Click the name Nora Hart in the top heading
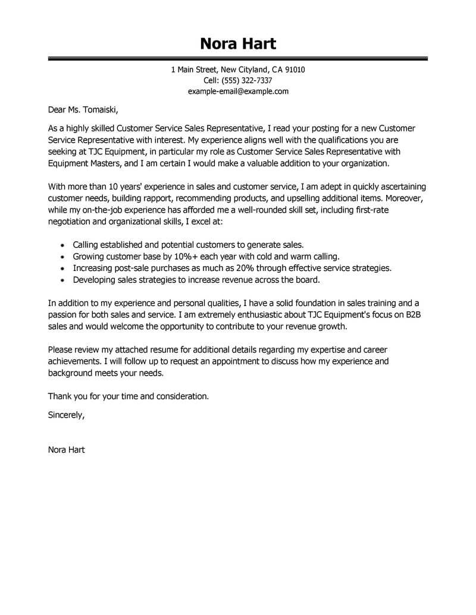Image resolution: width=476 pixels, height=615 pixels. (x=238, y=43)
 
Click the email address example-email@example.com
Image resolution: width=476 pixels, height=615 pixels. (x=238, y=91)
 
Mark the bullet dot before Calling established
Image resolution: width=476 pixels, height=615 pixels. (x=64, y=245)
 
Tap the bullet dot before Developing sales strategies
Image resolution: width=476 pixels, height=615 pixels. (x=64, y=280)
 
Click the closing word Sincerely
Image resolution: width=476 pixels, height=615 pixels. (x=66, y=415)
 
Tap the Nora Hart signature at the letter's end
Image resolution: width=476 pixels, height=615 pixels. (x=66, y=450)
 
